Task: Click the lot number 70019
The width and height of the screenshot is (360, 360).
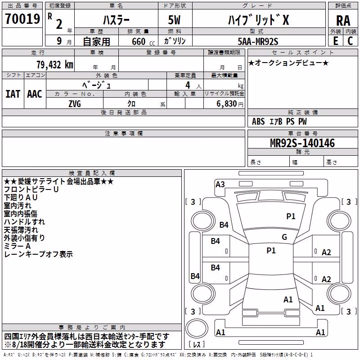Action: (22, 19)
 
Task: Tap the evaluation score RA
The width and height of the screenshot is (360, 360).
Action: (343, 21)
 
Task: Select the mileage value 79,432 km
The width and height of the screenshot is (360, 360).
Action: (55, 65)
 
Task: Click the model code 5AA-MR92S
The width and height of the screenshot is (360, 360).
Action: (258, 41)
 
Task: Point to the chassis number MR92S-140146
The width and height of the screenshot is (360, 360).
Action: (302, 143)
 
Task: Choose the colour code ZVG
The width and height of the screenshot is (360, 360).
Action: (75, 104)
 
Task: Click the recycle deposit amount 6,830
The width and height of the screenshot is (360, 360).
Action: (226, 104)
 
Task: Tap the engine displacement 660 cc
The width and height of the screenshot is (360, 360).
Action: (143, 42)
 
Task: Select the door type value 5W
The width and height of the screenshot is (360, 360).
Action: (174, 20)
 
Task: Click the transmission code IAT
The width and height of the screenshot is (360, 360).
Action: (13, 94)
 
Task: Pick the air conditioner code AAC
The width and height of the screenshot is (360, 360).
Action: (35, 94)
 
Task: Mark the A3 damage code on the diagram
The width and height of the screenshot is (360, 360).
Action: (220, 184)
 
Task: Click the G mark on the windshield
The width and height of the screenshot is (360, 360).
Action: (284, 237)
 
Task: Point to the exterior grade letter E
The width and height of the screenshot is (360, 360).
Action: (336, 41)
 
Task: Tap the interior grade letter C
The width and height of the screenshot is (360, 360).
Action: (350, 41)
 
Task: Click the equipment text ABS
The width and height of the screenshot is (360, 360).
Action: (258, 121)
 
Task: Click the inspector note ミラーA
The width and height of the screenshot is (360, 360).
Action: (18, 246)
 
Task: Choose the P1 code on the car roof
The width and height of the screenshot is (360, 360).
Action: (271, 251)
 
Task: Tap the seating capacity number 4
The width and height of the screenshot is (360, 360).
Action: (188, 85)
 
